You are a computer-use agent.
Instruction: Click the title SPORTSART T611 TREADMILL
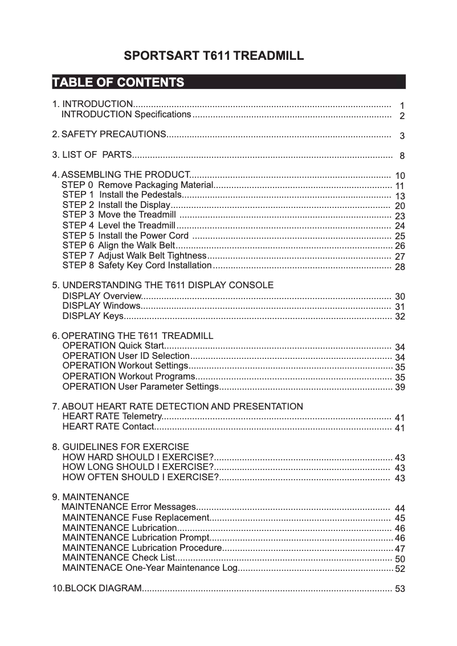click(x=214, y=56)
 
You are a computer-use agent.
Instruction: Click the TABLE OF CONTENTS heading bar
click(x=228, y=82)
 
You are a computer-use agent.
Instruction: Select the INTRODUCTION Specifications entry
click(x=126, y=115)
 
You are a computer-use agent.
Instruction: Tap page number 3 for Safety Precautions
click(x=402, y=136)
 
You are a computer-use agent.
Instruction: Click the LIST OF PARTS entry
click(x=92, y=155)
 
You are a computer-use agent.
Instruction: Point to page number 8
click(x=402, y=156)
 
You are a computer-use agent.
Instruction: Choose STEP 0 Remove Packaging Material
click(x=137, y=185)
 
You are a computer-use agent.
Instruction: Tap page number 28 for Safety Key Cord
click(x=400, y=267)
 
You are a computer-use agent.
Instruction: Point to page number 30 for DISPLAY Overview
click(x=400, y=297)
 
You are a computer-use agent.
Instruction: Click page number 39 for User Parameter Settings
click(x=400, y=387)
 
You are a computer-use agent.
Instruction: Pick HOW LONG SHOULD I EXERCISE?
click(x=137, y=467)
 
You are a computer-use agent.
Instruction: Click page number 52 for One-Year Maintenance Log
click(x=400, y=569)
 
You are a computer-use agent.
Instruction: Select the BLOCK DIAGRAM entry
click(x=97, y=588)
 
